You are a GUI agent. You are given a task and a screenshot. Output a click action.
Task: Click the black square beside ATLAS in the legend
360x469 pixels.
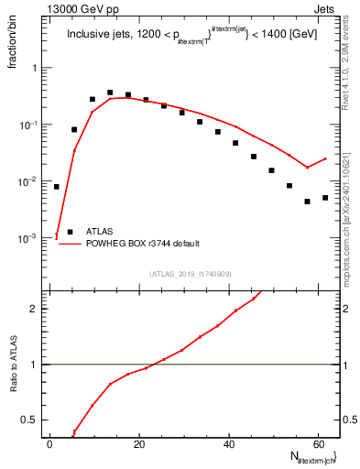coord(71,232)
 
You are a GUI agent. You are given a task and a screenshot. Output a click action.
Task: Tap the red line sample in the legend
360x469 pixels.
coord(71,244)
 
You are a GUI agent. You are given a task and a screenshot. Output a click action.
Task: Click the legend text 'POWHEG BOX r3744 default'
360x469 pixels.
coord(144,244)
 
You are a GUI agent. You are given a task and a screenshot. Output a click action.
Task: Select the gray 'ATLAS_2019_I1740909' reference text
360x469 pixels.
coord(189,273)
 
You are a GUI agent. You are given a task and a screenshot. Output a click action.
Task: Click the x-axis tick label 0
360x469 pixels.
coord(50,443)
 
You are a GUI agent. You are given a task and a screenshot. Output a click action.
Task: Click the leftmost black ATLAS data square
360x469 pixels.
coord(56,187)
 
